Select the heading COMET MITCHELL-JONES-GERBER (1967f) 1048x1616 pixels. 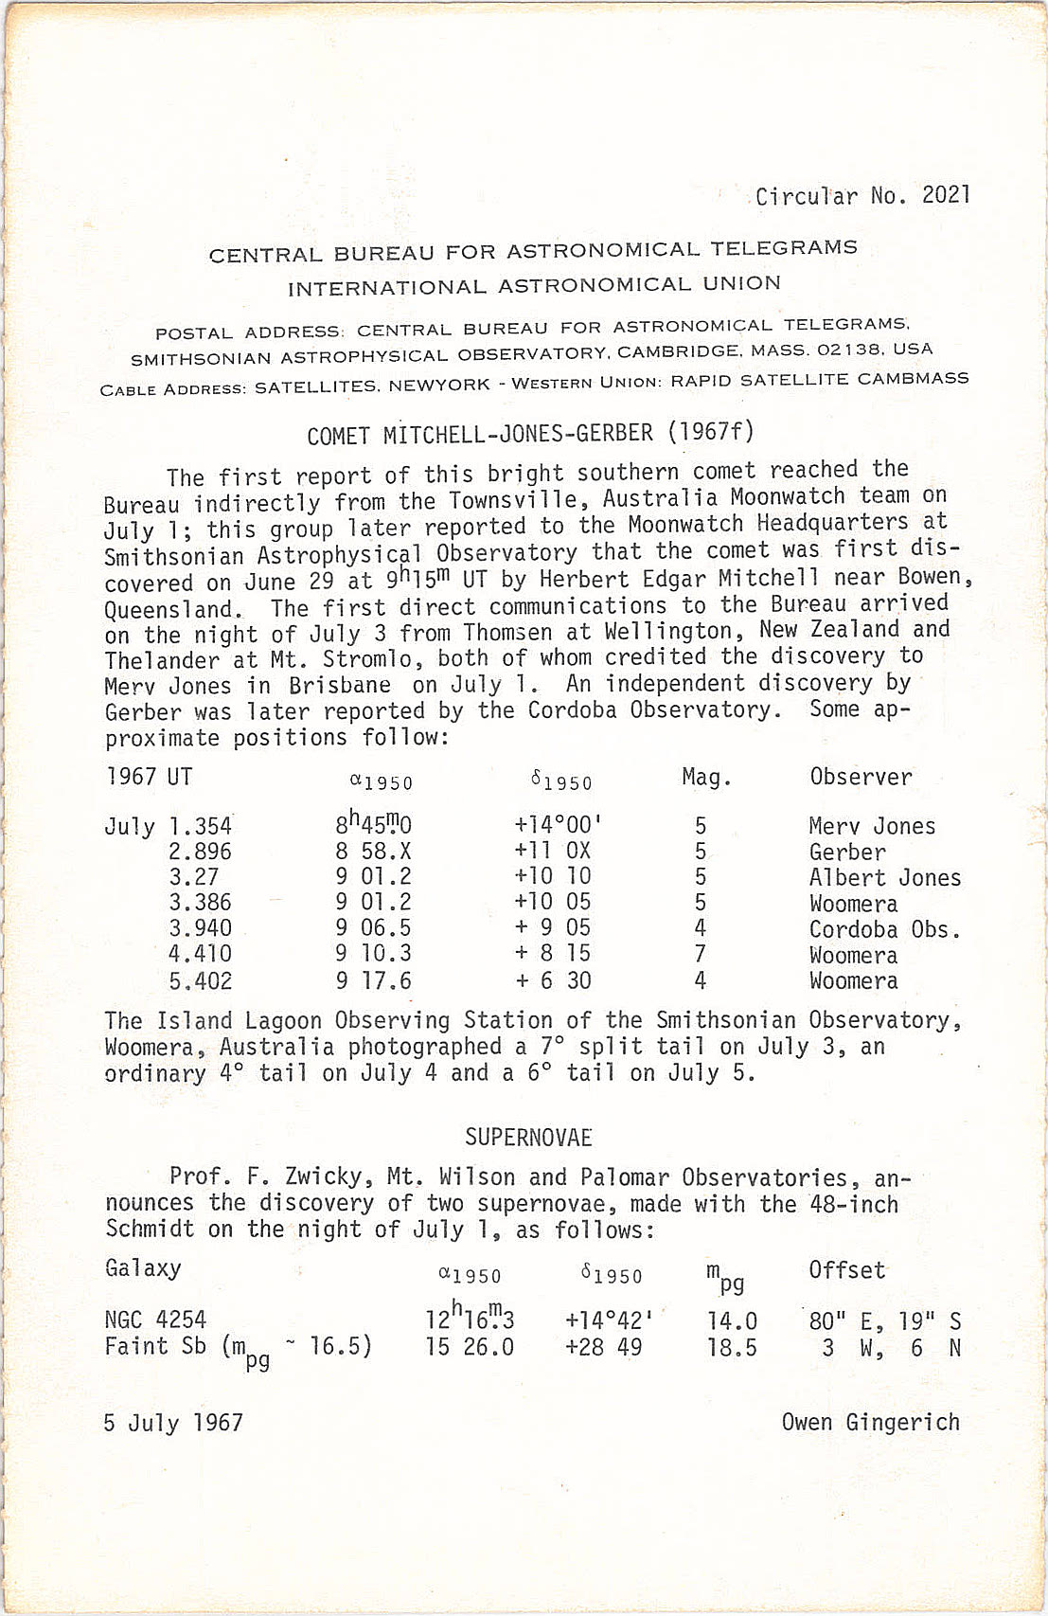point(530,434)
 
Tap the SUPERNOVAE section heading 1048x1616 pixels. point(528,1137)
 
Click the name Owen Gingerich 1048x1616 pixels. point(870,1422)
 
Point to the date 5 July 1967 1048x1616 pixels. point(173,1423)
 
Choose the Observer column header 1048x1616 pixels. point(861,777)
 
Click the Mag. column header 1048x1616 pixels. point(706,778)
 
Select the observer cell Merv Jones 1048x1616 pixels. point(871,826)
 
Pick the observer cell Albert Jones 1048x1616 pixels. point(884,877)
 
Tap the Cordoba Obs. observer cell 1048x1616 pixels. point(884,928)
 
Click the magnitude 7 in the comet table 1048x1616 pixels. point(701,954)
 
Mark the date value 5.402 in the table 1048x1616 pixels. point(200,980)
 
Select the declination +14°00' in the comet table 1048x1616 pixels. point(558,825)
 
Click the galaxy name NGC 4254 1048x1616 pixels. point(155,1320)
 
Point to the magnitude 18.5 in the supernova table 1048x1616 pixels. point(732,1347)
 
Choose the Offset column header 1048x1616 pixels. point(846,1270)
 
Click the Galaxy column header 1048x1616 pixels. point(143,1268)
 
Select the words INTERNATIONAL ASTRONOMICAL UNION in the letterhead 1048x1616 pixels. point(534,285)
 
